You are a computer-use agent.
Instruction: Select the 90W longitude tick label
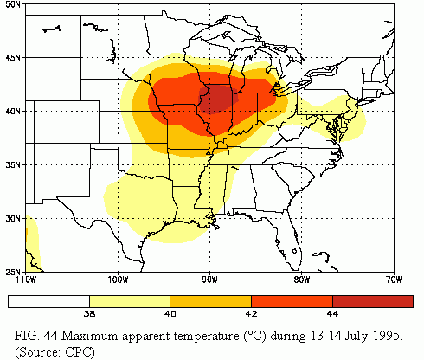click(209, 279)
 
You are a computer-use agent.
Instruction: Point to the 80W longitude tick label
click(300, 279)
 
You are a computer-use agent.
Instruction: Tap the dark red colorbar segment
click(373, 302)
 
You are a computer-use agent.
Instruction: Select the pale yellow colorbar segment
click(130, 302)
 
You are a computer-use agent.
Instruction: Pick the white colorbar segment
click(48, 302)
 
